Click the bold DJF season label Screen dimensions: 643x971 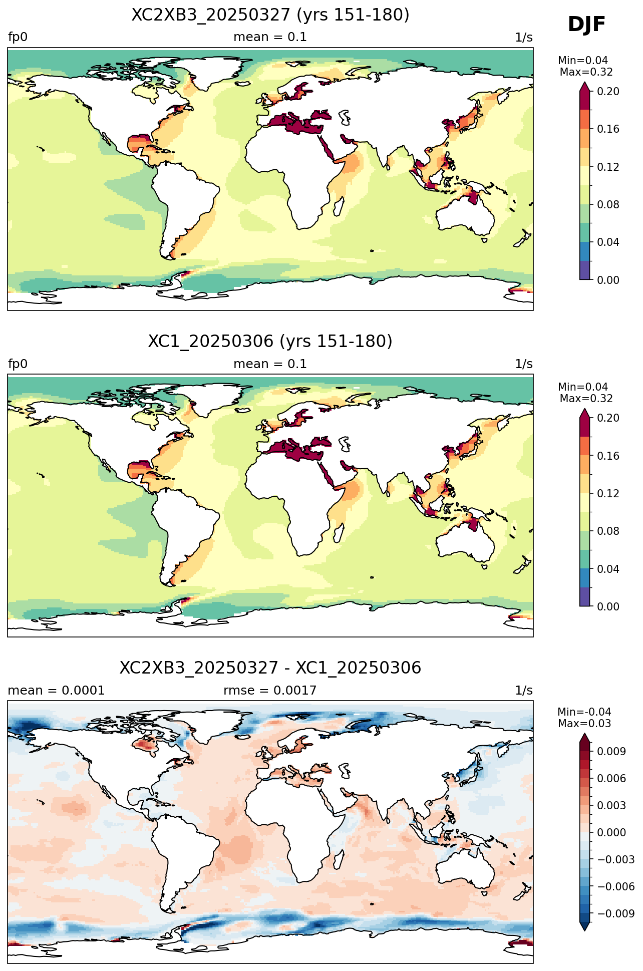[x=586, y=25]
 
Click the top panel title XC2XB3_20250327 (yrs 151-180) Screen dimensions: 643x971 [x=270, y=15]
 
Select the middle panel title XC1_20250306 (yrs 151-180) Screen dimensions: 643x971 [x=270, y=341]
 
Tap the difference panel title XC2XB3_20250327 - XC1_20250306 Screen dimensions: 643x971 [x=270, y=668]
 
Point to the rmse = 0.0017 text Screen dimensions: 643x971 [x=270, y=691]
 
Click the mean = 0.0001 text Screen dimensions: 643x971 [x=56, y=691]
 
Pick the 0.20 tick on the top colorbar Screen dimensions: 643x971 [x=608, y=91]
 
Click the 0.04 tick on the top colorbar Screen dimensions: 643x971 [x=608, y=242]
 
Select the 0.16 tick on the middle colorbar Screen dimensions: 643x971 [x=608, y=456]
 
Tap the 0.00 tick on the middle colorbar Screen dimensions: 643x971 [x=608, y=606]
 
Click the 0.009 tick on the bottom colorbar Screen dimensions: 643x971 [x=611, y=751]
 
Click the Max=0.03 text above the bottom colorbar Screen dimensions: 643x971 [x=584, y=724]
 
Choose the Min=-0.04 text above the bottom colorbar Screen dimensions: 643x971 [x=584, y=712]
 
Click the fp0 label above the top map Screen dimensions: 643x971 [x=18, y=38]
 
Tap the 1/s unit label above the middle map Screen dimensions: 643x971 [x=524, y=364]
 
